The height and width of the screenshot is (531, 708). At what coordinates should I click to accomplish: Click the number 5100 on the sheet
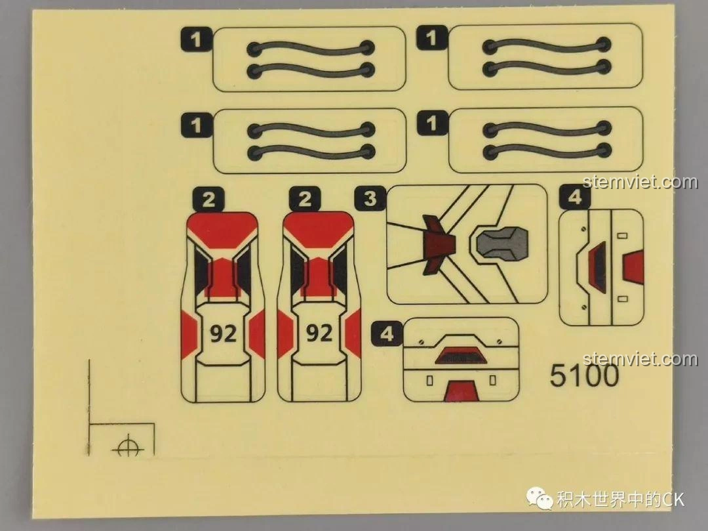coord(584,376)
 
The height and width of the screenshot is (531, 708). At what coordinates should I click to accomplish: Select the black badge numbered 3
coord(370,198)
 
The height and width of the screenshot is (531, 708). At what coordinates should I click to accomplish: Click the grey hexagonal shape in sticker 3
coord(501,242)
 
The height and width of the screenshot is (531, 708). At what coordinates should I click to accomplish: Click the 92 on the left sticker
coord(223,333)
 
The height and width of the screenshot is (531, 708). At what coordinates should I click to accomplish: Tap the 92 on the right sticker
coord(319,333)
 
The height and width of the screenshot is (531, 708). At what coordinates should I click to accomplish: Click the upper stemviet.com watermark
coord(640,182)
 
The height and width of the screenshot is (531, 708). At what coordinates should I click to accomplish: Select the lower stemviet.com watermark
coord(640,359)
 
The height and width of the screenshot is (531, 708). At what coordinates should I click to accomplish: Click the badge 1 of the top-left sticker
coord(195,40)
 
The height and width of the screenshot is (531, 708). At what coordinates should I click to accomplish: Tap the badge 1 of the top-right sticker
coord(431,37)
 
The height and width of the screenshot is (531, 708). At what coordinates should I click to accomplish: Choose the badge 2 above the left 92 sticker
coord(208,199)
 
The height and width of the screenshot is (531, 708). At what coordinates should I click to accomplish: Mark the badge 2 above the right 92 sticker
coord(305,199)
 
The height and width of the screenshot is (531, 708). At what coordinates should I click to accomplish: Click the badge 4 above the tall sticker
coord(575,198)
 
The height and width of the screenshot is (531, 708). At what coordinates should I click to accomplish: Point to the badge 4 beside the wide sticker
coord(387,334)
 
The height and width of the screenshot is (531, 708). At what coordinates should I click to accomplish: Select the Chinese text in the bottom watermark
coord(610,499)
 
